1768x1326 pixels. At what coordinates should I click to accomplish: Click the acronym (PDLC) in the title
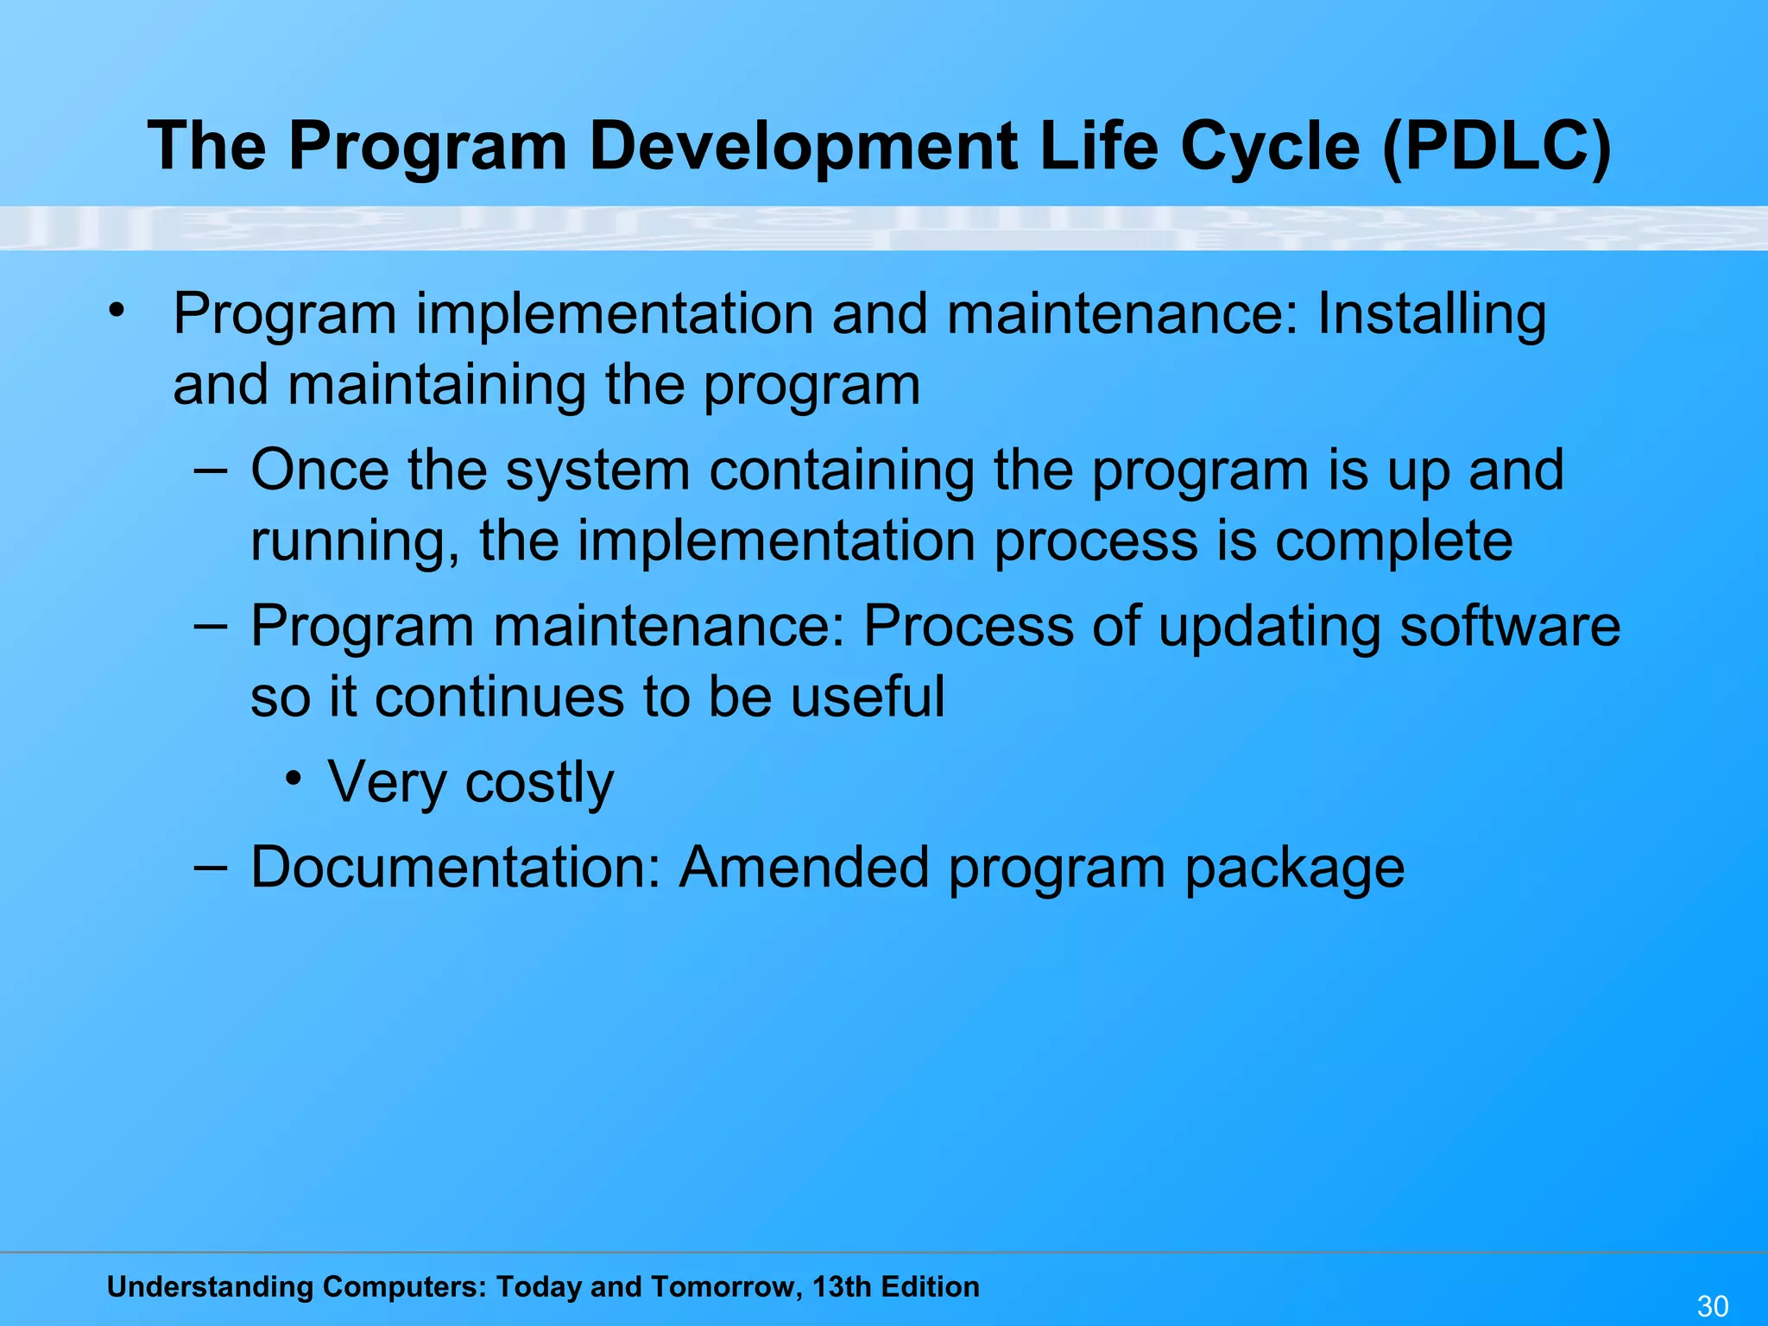[1496, 146]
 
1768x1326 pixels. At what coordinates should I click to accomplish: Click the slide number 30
[1713, 1306]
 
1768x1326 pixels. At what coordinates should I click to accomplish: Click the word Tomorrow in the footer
[723, 1286]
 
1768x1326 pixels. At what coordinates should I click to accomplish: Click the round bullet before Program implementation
[117, 309]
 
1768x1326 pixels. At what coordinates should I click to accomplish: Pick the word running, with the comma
[354, 542]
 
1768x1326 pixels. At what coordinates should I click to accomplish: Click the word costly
[540, 783]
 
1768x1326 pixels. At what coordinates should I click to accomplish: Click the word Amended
[804, 867]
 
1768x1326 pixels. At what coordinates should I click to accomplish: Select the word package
[1294, 868]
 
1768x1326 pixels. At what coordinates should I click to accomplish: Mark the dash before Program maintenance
[211, 624]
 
